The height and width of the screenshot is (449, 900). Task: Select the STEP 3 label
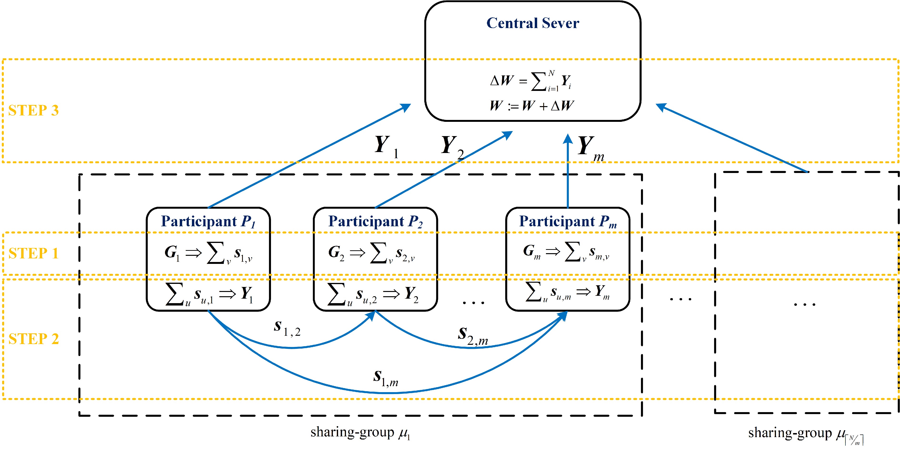[x=34, y=110]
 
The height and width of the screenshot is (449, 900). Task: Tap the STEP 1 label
[x=34, y=253]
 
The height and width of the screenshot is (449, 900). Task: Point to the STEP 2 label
[x=34, y=339]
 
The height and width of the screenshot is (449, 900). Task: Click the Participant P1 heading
[x=208, y=221]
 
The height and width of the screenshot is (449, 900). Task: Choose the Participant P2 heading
[x=375, y=221]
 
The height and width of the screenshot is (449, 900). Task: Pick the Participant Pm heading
[x=568, y=221]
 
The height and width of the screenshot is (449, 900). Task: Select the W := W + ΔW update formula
[x=531, y=105]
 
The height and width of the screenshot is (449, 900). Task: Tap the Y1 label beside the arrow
[x=386, y=146]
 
